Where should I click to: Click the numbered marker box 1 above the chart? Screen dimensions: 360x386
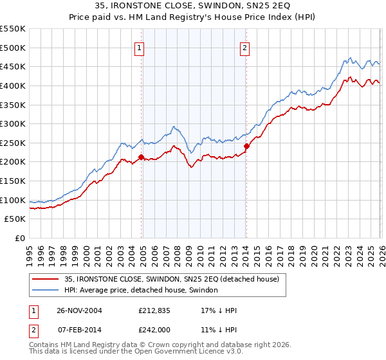140,46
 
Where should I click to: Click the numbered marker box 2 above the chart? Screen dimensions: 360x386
246,46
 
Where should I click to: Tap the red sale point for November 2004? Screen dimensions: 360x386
141,156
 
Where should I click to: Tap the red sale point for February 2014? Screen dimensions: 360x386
246,146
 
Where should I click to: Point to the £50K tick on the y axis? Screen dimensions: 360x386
15,219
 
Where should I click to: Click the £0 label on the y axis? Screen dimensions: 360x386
19,239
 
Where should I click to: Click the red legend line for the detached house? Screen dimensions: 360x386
44,279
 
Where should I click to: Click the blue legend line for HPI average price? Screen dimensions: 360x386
44,290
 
